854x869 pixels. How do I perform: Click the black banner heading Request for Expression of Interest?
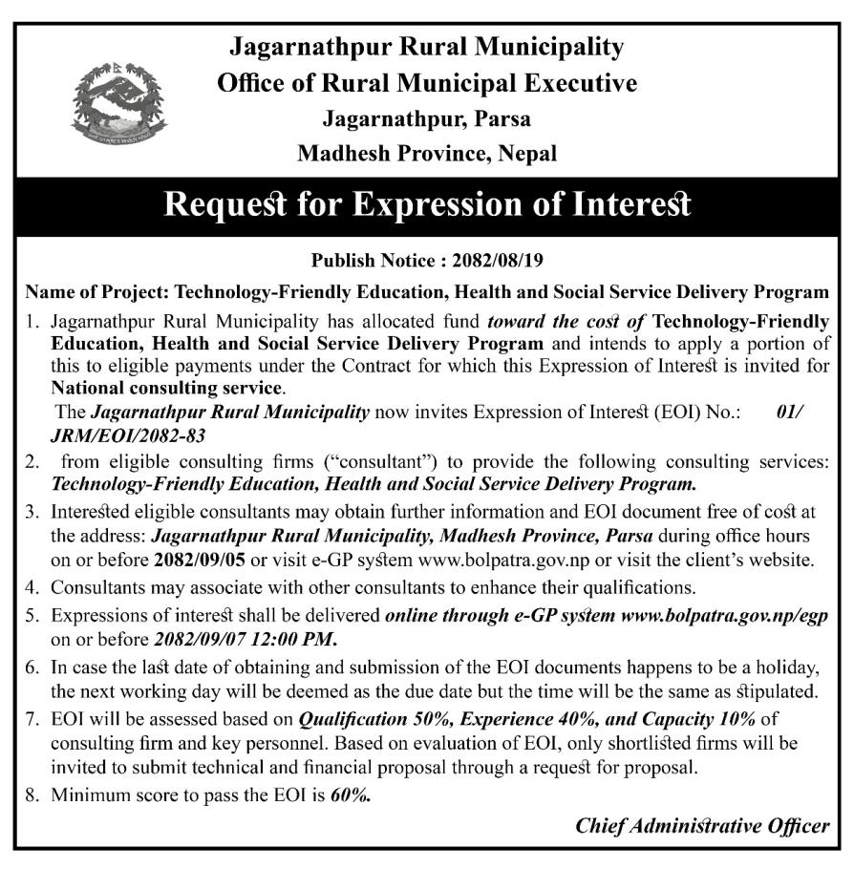pyautogui.click(x=427, y=206)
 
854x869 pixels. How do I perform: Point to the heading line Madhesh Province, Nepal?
pyautogui.click(x=426, y=153)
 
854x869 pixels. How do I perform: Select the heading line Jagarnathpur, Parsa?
pyautogui.click(x=426, y=119)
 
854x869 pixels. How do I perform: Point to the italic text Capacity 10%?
pyautogui.click(x=663, y=717)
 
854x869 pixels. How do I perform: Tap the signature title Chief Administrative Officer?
pyautogui.click(x=702, y=827)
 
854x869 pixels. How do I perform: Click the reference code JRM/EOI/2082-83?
pyautogui.click(x=129, y=434)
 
